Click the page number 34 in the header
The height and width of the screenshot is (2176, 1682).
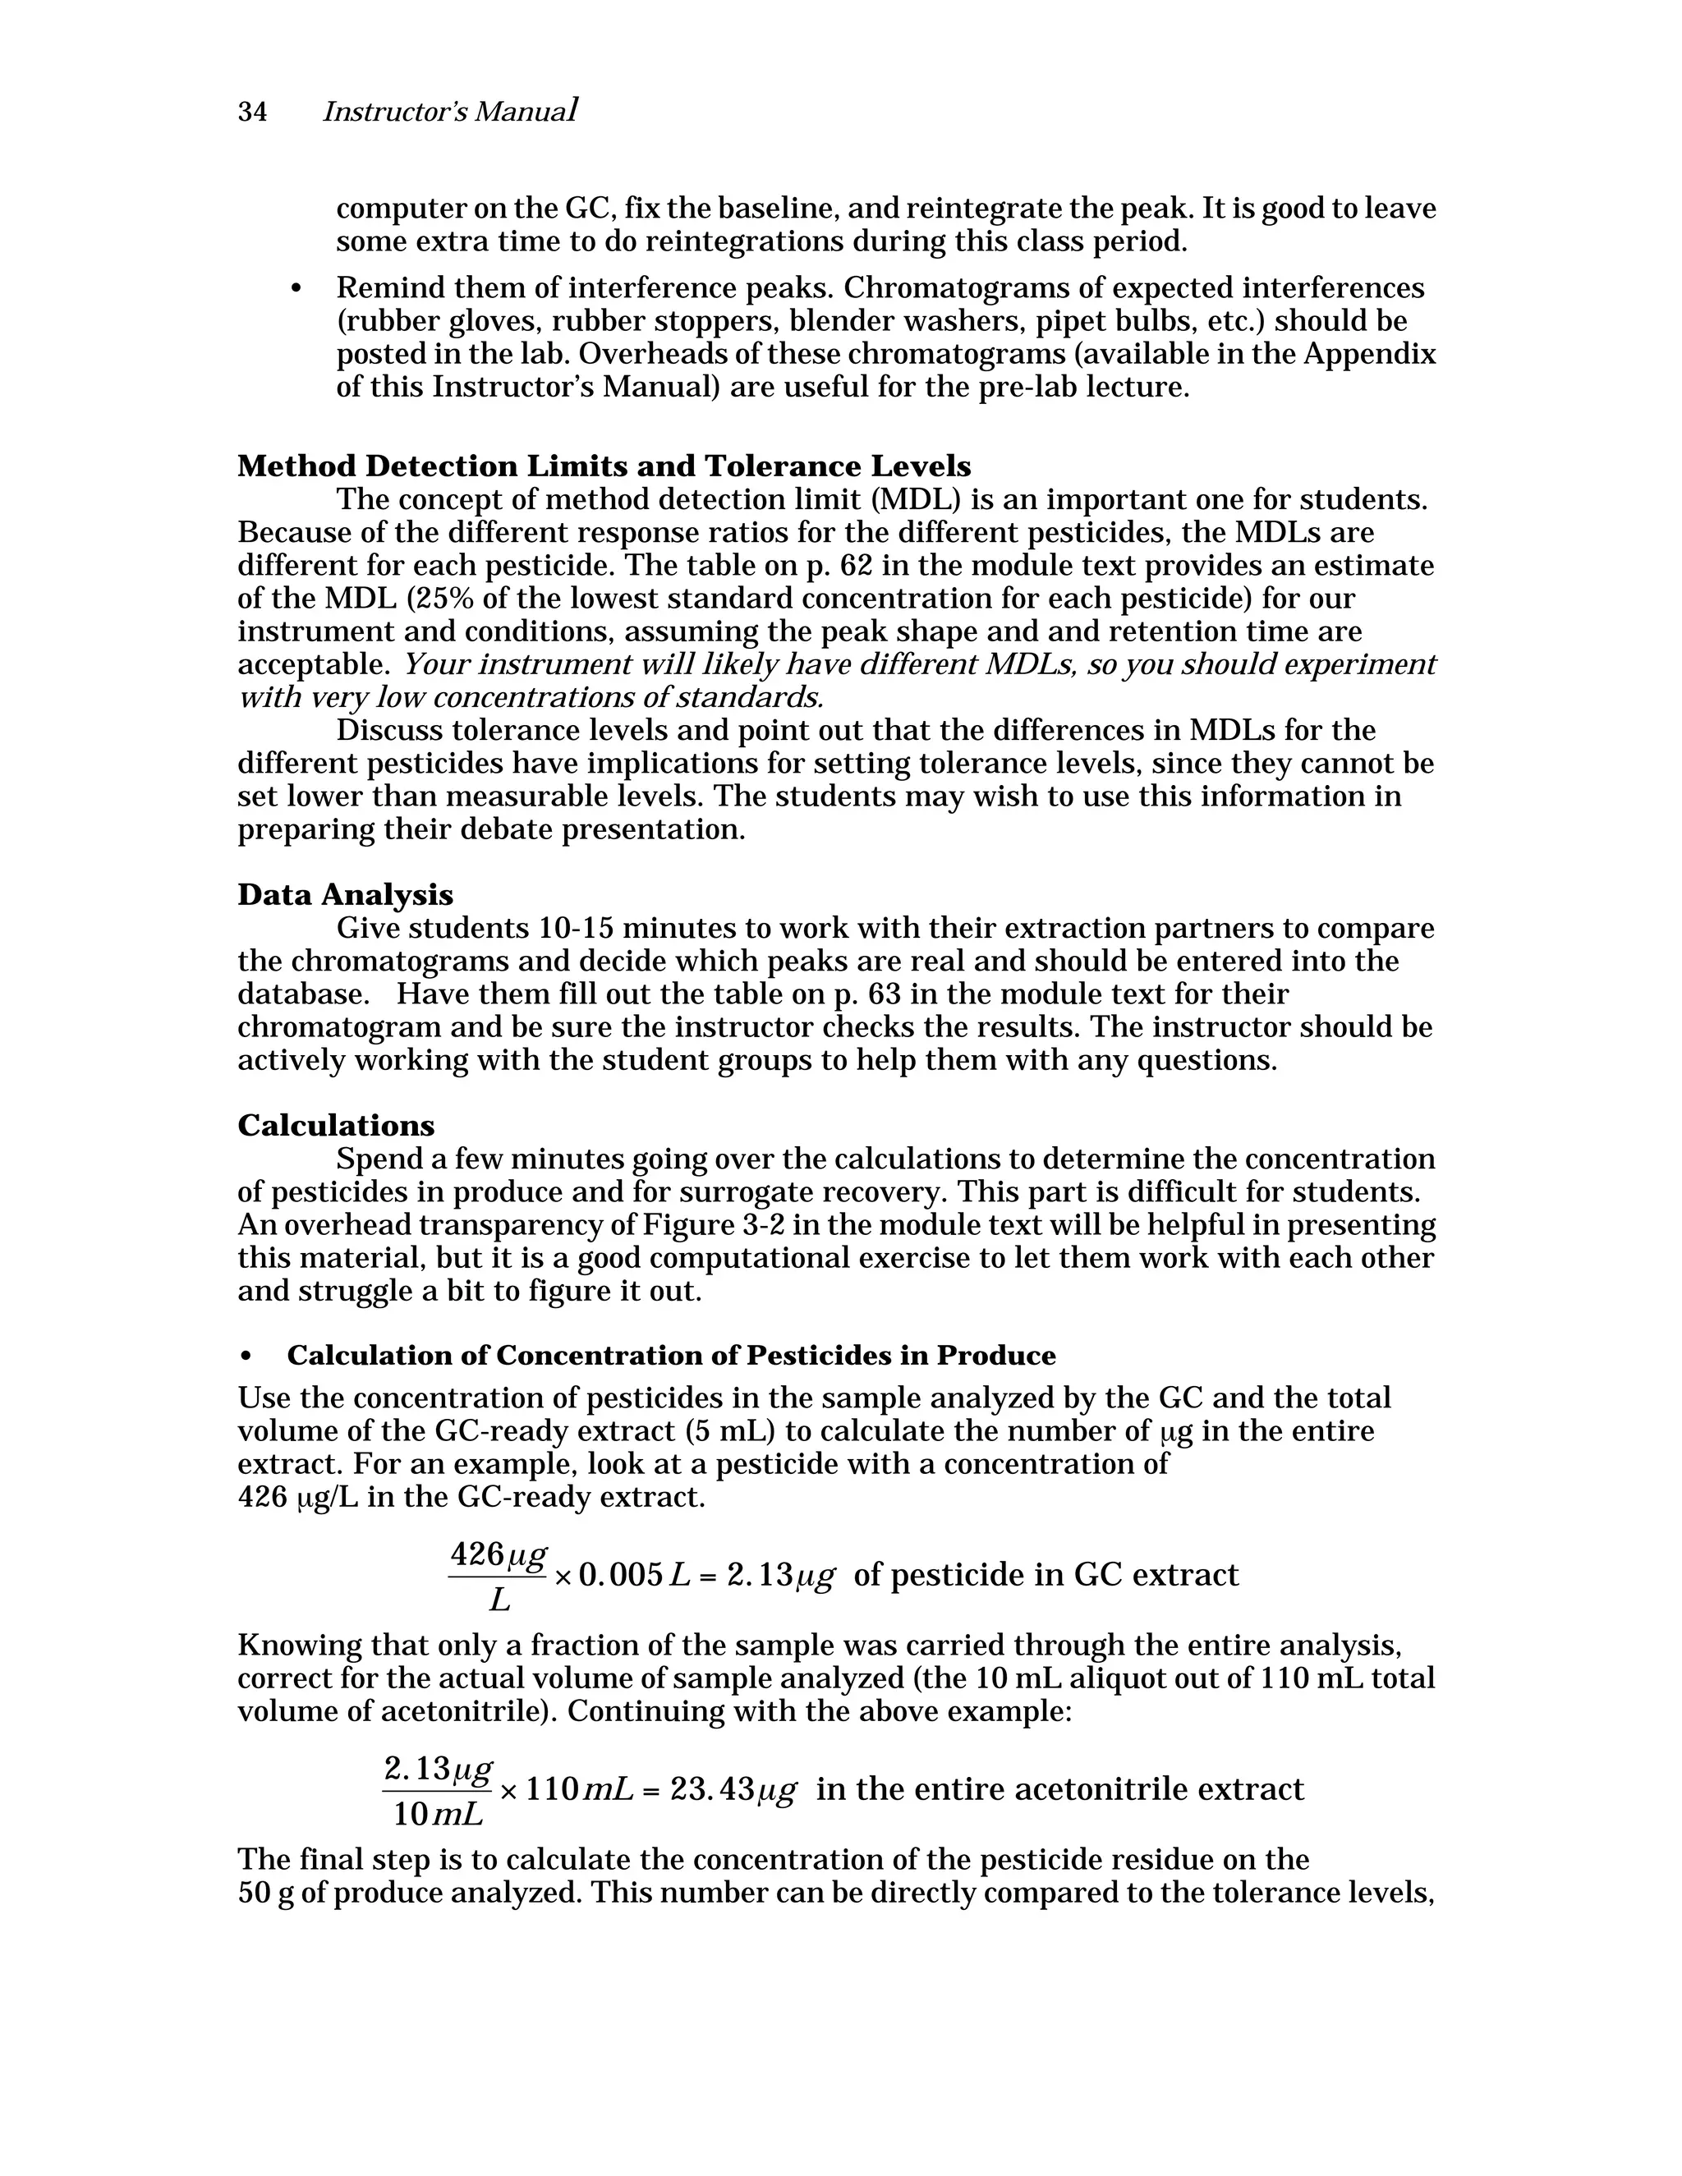[x=252, y=112]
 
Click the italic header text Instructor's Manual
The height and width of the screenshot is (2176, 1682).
[x=449, y=112]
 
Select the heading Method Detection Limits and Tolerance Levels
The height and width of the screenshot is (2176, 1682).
[x=604, y=466]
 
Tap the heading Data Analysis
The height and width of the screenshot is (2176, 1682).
[x=345, y=895]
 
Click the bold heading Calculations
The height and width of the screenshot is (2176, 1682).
[x=336, y=1126]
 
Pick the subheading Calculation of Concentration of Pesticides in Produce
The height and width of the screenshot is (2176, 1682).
[x=671, y=1356]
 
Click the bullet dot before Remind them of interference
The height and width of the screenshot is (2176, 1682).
[x=295, y=289]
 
